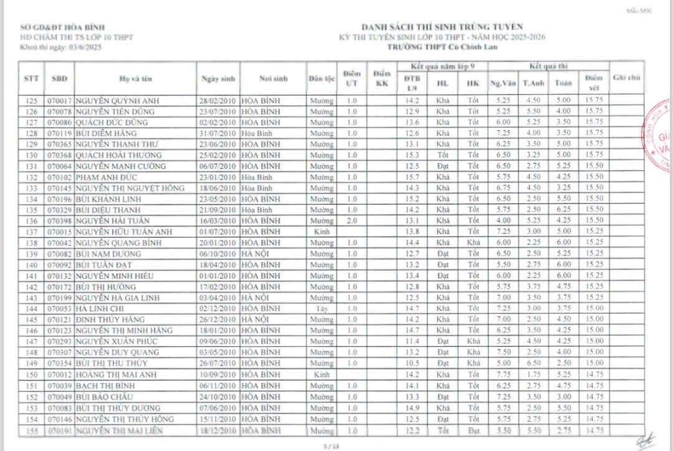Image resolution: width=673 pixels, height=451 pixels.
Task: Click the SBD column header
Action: (60, 79)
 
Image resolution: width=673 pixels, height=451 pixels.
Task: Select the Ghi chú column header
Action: (627, 78)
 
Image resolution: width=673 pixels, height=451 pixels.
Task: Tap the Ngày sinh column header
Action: (218, 79)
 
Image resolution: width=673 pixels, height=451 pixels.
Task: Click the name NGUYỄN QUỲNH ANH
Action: (113, 100)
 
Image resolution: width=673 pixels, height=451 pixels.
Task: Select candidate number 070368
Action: (60, 155)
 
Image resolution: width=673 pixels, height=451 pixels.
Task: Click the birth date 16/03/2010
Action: (218, 221)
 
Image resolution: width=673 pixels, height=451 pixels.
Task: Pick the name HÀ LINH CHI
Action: (96, 308)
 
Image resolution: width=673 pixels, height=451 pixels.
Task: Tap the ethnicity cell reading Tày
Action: (322, 308)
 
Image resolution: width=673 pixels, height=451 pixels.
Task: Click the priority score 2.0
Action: (352, 221)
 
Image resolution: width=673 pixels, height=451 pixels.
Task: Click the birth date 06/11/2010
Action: (218, 386)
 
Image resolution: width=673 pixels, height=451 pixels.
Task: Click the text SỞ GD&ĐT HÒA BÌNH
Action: (62, 27)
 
